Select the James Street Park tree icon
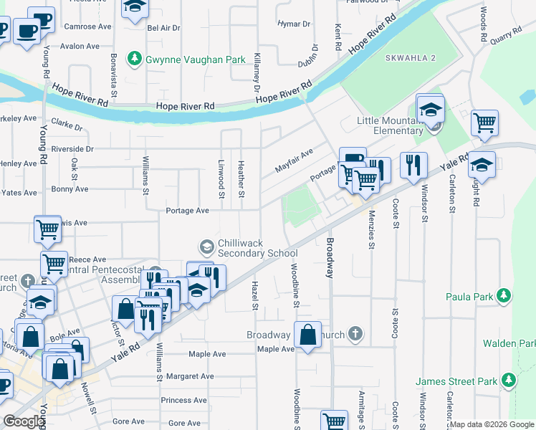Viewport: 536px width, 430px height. click(x=508, y=379)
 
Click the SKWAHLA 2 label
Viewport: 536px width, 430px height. click(x=409, y=57)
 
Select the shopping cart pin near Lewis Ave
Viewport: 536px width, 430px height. click(x=47, y=231)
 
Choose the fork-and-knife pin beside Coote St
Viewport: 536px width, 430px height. click(x=413, y=165)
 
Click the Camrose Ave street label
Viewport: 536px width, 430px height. click(x=87, y=27)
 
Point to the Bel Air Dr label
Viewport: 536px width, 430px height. click(x=163, y=29)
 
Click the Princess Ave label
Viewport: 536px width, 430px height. click(x=184, y=400)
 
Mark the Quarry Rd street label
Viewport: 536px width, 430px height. click(x=506, y=35)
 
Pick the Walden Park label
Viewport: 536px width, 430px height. click(x=509, y=343)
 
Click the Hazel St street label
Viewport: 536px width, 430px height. click(x=254, y=296)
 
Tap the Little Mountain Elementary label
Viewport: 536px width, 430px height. click(x=391, y=125)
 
